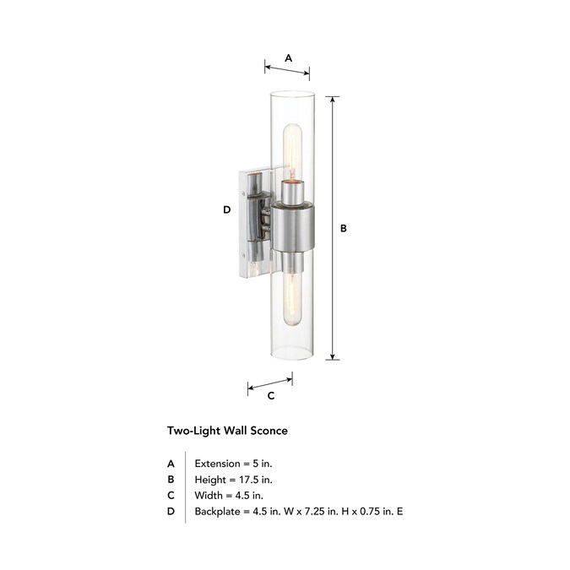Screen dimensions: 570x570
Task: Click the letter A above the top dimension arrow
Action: click(x=288, y=58)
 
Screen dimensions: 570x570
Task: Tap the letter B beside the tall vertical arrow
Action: click(x=344, y=228)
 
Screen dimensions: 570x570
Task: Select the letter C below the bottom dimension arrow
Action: click(x=271, y=396)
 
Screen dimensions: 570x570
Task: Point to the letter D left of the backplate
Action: click(x=227, y=209)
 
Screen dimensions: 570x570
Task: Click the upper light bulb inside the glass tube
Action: click(x=292, y=153)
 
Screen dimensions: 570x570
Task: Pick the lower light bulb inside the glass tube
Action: click(x=292, y=299)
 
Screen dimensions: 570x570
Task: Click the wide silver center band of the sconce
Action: click(x=293, y=228)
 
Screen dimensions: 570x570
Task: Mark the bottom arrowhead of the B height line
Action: click(x=332, y=357)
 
